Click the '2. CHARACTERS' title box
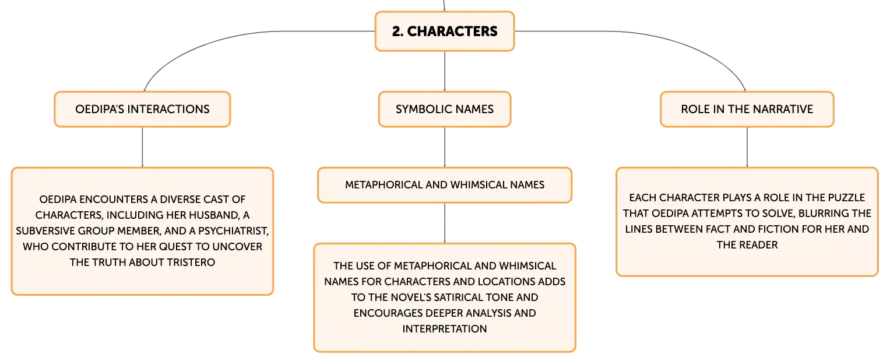pyautogui.click(x=445, y=31)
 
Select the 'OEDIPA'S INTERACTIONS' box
pyautogui.click(x=142, y=109)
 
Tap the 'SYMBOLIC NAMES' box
pyautogui.click(x=445, y=109)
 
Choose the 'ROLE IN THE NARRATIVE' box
pyautogui.click(x=747, y=109)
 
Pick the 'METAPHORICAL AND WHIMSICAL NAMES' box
pyautogui.click(x=445, y=185)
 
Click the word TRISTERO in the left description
pyautogui.click(x=191, y=262)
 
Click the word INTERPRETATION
pyautogui.click(x=445, y=329)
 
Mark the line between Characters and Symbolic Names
pyautogui.click(x=445, y=71)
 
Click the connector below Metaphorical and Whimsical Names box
pyautogui.click(x=445, y=223)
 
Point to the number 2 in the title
pyautogui.click(x=397, y=31)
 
